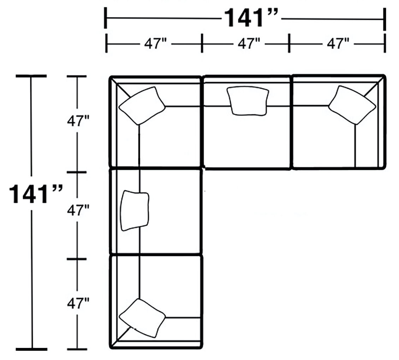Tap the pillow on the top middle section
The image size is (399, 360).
tap(247, 101)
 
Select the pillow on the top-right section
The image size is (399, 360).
tap(352, 105)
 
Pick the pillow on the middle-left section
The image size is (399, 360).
tap(135, 211)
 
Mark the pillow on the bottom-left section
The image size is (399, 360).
tap(142, 317)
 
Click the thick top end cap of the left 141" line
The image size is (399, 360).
tap(31, 76)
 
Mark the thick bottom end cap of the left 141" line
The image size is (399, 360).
tap(31, 349)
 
